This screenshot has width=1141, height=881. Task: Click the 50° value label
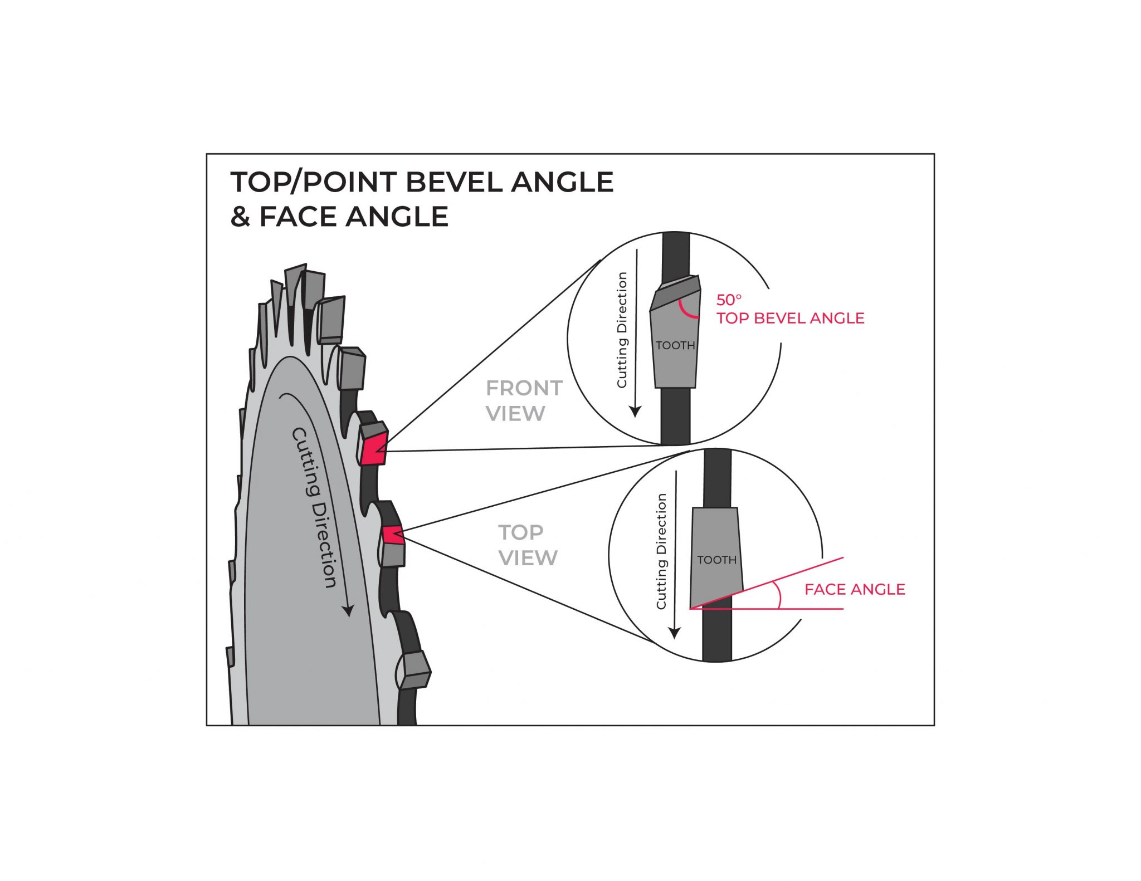728,300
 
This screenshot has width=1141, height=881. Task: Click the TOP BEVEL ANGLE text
790,318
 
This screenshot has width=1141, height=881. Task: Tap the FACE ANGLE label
854,589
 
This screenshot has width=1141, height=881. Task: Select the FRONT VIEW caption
523,400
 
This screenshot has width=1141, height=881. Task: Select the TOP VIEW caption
527,545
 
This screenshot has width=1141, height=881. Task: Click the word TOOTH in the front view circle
675,345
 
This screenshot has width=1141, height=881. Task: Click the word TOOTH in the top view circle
716,560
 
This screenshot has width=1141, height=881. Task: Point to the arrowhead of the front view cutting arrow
635,412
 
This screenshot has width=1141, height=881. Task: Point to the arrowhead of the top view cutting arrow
675,633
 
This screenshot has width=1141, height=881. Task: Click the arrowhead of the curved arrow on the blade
348,610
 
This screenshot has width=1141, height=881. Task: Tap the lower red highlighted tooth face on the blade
393,535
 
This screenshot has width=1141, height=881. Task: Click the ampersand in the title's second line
240,217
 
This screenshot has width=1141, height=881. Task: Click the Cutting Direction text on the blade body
315,507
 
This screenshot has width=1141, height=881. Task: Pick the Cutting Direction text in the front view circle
622,330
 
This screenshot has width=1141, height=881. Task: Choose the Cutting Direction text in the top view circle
661,551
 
